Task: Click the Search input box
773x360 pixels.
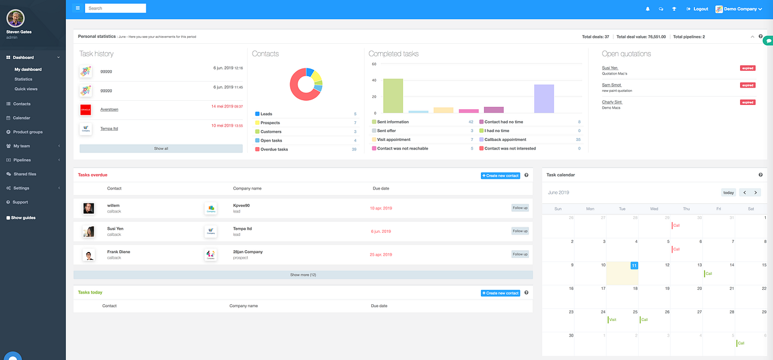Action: coord(116,8)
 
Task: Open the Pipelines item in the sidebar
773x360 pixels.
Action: coord(22,160)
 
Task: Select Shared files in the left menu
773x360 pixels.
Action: coord(25,174)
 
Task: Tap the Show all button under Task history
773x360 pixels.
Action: coord(161,148)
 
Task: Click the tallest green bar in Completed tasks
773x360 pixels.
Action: coord(393,95)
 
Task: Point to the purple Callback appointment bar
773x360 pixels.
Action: coord(544,98)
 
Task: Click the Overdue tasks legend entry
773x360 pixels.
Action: coord(274,149)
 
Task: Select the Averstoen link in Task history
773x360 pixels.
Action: coord(109,110)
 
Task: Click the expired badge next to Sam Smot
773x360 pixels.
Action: coord(747,85)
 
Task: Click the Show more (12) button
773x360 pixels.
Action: coord(303,275)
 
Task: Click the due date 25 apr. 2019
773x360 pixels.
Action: coord(381,254)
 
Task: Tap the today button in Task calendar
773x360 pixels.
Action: coord(728,193)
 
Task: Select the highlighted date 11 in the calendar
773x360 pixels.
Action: coord(634,265)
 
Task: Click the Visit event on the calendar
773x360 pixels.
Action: coord(612,320)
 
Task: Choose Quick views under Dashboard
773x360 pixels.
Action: coord(26,89)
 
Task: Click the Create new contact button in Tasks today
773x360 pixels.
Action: coord(500,293)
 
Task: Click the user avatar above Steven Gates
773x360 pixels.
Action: coord(16,18)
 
